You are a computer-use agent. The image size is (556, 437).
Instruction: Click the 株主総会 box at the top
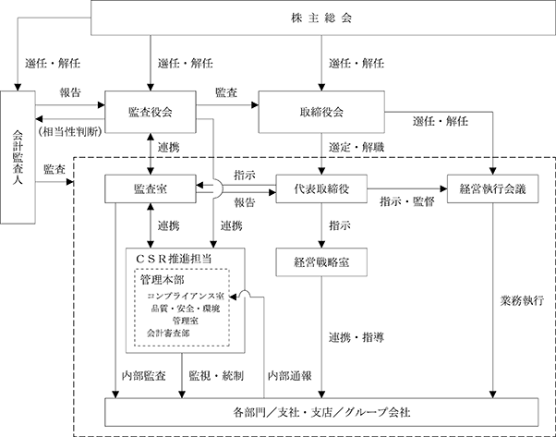[323, 18]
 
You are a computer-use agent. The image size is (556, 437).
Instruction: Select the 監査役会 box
[151, 112]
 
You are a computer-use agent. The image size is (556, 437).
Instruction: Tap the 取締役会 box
[321, 112]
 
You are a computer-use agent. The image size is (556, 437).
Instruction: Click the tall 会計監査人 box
[18, 157]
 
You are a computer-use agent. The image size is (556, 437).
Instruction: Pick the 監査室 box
[151, 188]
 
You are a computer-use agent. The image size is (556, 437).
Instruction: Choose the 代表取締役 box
[321, 188]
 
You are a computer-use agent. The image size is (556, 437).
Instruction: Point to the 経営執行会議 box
[493, 188]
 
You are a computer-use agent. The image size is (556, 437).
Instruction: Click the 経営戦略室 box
[321, 262]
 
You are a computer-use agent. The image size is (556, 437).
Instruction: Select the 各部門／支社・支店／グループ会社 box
[321, 412]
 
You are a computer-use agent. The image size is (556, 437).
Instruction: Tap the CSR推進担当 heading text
[174, 259]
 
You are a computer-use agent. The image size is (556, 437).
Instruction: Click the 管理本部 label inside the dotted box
[163, 280]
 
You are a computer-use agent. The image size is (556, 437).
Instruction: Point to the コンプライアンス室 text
[186, 296]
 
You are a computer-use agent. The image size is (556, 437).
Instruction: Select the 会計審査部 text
[168, 334]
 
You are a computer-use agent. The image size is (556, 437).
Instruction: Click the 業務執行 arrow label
[522, 300]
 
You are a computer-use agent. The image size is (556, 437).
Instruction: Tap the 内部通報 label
[290, 376]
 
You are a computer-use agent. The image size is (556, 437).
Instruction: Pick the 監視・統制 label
[216, 376]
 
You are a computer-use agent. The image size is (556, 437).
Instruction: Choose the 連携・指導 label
[356, 337]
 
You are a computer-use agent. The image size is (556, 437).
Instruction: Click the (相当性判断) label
[70, 131]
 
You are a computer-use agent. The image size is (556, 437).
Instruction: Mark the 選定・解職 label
[356, 147]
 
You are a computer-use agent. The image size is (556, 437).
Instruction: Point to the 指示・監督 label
[407, 201]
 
